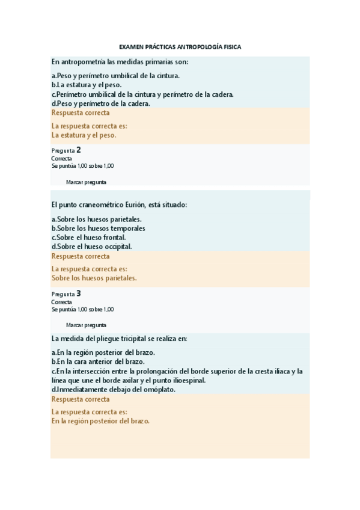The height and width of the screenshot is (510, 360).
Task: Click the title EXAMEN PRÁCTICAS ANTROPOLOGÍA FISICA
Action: click(180, 46)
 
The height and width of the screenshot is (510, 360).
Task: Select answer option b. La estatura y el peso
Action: click(87, 85)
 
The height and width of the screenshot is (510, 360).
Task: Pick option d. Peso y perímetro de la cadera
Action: click(101, 103)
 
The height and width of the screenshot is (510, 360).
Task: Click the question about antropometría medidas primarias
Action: click(120, 61)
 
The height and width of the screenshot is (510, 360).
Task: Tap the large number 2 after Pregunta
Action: click(79, 150)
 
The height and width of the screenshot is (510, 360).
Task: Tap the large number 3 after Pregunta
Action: click(79, 293)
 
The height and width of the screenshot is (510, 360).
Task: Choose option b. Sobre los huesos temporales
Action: click(98, 229)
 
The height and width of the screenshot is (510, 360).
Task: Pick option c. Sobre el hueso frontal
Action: click(88, 238)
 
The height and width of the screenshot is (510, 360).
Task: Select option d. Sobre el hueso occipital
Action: click(91, 247)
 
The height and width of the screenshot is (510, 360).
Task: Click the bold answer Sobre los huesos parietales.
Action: click(94, 278)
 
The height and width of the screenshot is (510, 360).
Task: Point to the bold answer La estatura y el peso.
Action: click(84, 135)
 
